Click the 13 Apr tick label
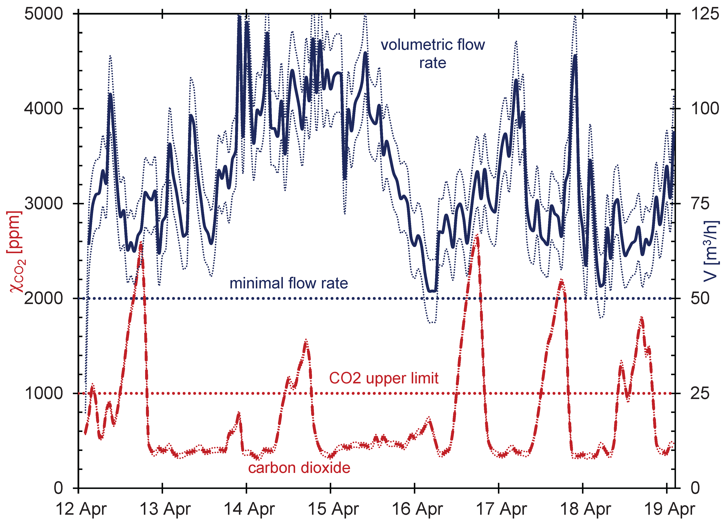pyautogui.click(x=165, y=509)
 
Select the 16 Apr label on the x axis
pyautogui.click(x=417, y=509)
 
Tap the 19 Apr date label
pyautogui.click(x=669, y=509)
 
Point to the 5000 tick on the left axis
pyautogui.click(x=44, y=14)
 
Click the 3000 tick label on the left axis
pyautogui.click(x=44, y=204)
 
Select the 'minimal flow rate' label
pyautogui.click(x=289, y=283)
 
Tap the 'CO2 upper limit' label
pyautogui.click(x=384, y=378)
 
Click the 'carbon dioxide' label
pyautogui.click(x=299, y=468)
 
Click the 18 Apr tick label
pyautogui.click(x=585, y=509)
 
